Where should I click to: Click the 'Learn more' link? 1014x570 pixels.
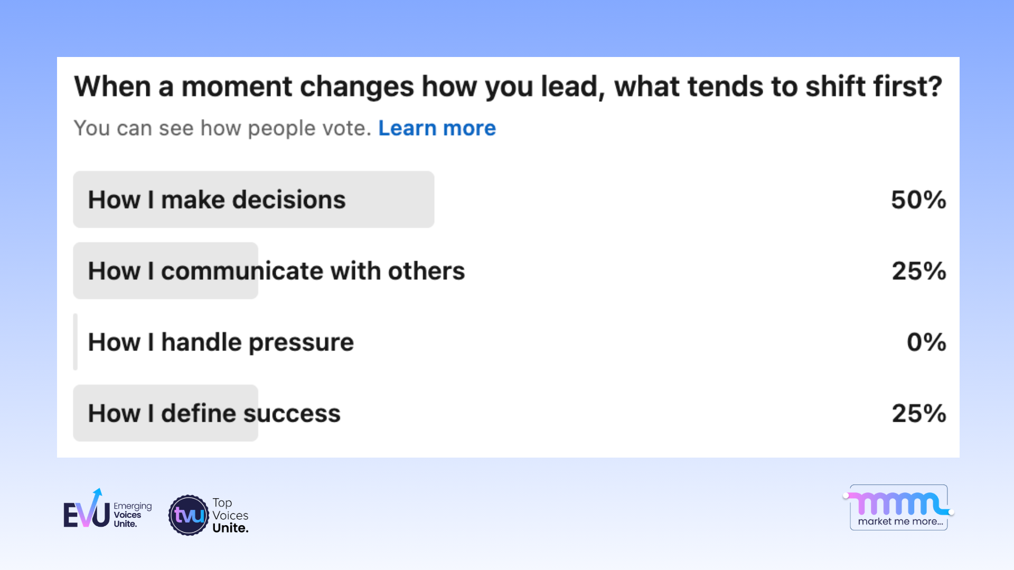click(437, 128)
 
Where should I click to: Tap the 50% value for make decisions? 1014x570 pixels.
click(918, 200)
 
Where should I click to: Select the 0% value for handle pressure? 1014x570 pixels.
click(926, 342)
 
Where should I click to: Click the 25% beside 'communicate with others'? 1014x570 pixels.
click(918, 271)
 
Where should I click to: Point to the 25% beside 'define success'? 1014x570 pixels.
click(918, 413)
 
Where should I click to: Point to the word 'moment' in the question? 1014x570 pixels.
click(237, 87)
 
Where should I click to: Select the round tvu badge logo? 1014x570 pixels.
click(189, 515)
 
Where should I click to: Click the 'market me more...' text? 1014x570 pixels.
click(900, 521)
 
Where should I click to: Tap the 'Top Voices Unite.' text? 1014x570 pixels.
click(230, 515)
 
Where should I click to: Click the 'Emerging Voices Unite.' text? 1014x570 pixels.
click(132, 515)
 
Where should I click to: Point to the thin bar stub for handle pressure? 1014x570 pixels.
click(76, 342)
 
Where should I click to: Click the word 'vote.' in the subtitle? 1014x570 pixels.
click(347, 128)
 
